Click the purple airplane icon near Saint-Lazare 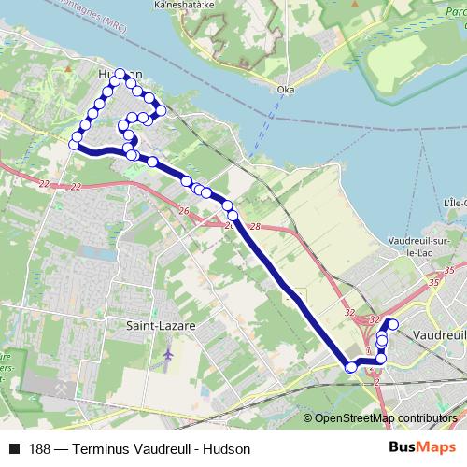pyautogui.click(x=167, y=355)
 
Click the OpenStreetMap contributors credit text pyautogui.click(x=386, y=418)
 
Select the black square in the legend pyautogui.click(x=14, y=449)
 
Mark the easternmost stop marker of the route pyautogui.click(x=392, y=325)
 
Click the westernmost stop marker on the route pyautogui.click(x=74, y=144)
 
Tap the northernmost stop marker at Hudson pyautogui.click(x=119, y=74)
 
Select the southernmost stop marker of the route pyautogui.click(x=351, y=367)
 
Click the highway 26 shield pyautogui.click(x=183, y=211)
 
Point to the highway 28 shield pyautogui.click(x=256, y=227)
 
